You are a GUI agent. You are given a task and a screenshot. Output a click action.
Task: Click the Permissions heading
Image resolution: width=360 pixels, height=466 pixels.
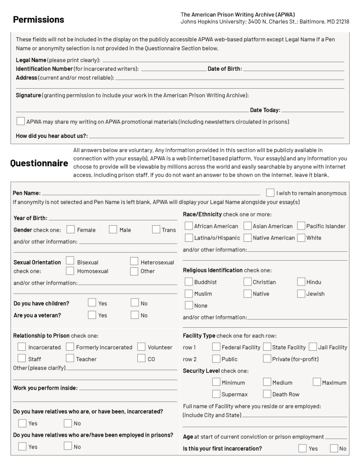38,19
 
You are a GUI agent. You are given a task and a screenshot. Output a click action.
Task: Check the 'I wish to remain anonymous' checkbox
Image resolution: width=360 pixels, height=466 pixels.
270,193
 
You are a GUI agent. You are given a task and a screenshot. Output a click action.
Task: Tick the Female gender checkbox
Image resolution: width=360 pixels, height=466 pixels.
71,230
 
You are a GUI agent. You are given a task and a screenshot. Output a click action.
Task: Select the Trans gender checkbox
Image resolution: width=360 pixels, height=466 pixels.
156,230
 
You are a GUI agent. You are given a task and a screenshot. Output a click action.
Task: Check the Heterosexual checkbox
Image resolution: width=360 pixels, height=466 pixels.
134,261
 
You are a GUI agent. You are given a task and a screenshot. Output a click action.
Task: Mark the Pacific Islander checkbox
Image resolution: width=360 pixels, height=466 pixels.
301,226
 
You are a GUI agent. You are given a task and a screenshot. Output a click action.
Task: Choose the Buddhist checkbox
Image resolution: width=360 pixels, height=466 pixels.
189,282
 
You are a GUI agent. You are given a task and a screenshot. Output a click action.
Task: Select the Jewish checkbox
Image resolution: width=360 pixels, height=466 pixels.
301,294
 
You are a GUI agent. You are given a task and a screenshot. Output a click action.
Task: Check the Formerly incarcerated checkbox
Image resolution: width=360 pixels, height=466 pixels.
70,347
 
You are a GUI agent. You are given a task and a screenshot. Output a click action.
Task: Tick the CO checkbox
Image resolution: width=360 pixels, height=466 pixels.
141,359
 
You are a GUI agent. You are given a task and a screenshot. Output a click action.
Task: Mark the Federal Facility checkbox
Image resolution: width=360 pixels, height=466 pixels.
216,347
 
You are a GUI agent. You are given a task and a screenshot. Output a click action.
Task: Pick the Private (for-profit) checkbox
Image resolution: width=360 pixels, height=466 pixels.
267,359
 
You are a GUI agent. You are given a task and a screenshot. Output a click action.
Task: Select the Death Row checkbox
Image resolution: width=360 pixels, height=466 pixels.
267,394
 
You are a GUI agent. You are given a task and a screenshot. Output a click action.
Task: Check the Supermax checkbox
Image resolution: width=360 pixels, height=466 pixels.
216,394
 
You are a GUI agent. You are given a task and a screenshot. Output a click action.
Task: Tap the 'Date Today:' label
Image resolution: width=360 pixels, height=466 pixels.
265,110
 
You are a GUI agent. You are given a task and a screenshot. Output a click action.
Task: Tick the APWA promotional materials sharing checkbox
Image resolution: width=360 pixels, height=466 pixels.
20,121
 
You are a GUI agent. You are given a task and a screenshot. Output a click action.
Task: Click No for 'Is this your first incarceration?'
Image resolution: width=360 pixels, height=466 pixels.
334,448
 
